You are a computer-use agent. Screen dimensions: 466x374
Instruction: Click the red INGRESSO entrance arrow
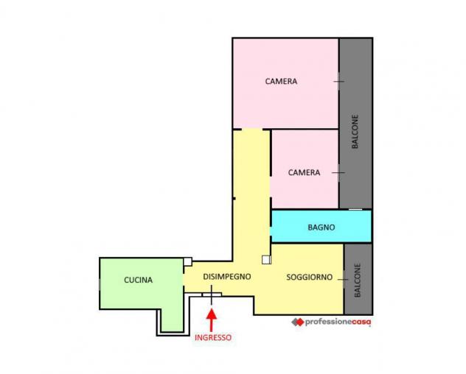212,320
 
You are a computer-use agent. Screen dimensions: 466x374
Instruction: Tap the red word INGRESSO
213,337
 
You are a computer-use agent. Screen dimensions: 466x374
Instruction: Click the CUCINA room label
138,280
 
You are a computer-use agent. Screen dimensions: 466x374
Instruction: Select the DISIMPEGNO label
227,276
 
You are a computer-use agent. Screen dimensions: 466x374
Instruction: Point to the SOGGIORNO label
310,278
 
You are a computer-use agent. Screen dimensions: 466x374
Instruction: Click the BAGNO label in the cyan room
321,227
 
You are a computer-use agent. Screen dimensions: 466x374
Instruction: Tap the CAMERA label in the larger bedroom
281,81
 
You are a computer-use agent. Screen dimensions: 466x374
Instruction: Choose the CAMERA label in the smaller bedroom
304,172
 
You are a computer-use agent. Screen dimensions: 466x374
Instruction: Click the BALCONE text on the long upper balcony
355,132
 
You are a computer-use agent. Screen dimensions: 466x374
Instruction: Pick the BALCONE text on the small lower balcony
358,280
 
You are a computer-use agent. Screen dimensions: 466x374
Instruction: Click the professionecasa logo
331,322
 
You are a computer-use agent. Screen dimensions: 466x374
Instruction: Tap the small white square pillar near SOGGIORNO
266,260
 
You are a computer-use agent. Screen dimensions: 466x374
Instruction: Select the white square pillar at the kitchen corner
187,262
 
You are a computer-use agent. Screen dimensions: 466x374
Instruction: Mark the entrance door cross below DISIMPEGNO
212,294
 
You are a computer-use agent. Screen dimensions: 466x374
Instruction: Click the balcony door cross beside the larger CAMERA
338,81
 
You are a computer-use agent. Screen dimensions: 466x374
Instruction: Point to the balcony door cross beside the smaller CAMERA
338,172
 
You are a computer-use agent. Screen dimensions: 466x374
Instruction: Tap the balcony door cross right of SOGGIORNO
344,279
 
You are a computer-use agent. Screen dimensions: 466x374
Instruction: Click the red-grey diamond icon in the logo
297,322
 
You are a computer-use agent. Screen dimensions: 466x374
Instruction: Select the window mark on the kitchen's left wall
100,284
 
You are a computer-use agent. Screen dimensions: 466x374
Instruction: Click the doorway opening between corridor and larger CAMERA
252,130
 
